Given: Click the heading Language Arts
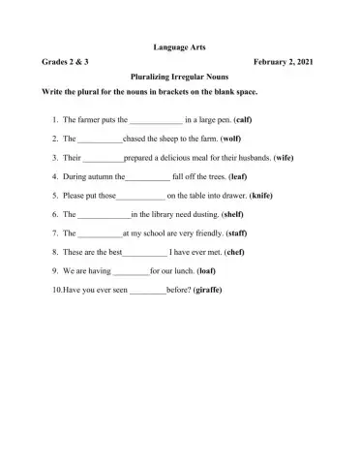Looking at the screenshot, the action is click(180, 46).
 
